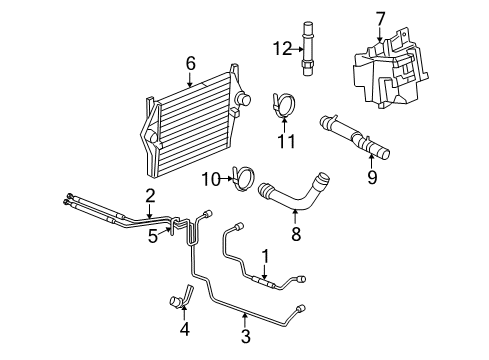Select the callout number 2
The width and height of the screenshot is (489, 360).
point(149,195)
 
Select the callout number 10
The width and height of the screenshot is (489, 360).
point(210,179)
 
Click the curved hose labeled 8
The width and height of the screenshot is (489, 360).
point(300,194)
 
